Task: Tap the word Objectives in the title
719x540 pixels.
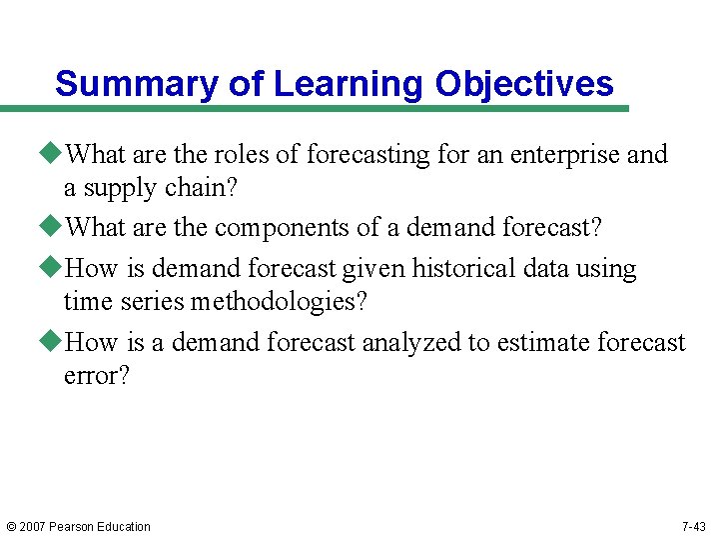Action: (x=524, y=84)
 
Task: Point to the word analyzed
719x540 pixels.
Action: (x=410, y=343)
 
